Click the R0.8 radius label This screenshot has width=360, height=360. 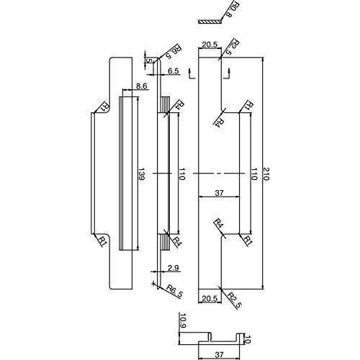(x=229, y=10)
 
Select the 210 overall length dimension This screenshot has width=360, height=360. (x=266, y=174)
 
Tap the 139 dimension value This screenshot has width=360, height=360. (x=141, y=174)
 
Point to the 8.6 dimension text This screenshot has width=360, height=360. (x=141, y=86)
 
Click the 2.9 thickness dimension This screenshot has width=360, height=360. (x=174, y=268)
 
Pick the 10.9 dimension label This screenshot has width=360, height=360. (x=183, y=321)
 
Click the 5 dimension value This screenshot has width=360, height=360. (x=148, y=60)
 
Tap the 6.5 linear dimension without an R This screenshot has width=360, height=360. (x=173, y=71)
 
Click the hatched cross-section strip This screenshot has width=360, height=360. (x=210, y=22)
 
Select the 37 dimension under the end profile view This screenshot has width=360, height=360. (x=219, y=354)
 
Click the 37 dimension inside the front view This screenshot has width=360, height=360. (x=219, y=192)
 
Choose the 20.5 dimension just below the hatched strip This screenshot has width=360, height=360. (x=210, y=45)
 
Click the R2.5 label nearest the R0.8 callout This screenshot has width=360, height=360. (x=232, y=48)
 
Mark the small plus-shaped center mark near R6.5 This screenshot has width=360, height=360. (x=153, y=284)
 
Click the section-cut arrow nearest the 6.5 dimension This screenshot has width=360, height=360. (x=192, y=73)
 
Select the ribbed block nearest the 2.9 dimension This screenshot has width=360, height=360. (x=165, y=243)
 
